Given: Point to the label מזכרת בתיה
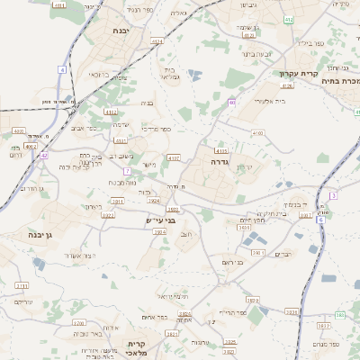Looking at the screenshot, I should tap(341, 81).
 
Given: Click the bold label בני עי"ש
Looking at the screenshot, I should tap(160, 220).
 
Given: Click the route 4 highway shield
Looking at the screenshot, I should tap(62, 69).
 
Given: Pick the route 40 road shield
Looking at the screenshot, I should tap(231, 103).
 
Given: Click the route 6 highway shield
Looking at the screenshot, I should tap(319, 219).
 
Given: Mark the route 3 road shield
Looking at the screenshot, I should tap(332, 195).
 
